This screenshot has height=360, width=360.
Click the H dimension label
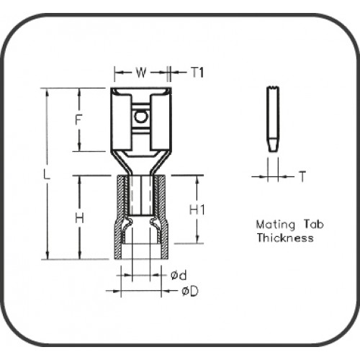click(80, 217)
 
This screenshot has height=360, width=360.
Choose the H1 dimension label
click(199, 210)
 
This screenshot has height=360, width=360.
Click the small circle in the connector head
click(141, 115)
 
